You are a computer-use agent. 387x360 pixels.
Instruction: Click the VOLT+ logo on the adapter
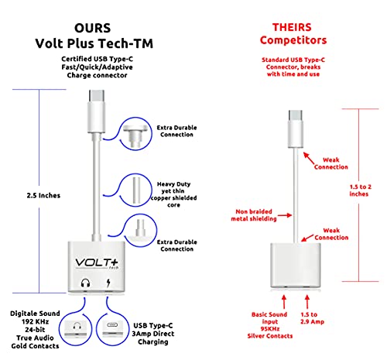click(x=97, y=263)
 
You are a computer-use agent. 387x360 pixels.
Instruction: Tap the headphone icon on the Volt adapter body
click(x=85, y=283)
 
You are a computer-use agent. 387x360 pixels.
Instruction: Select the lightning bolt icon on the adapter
click(x=108, y=283)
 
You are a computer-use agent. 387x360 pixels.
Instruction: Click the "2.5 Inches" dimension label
click(x=43, y=195)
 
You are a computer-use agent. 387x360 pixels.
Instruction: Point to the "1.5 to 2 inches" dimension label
click(x=360, y=190)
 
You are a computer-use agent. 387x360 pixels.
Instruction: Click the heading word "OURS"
click(x=93, y=28)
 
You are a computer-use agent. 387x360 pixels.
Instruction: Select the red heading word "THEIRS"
click(x=292, y=27)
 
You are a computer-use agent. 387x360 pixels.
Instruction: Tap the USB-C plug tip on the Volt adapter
click(x=97, y=95)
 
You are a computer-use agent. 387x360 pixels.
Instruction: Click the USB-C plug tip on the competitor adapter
click(x=296, y=115)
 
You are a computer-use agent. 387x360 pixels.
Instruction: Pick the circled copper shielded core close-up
click(x=136, y=190)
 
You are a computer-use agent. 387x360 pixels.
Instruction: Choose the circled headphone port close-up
click(x=75, y=328)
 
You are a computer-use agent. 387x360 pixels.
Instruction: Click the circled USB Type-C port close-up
click(x=112, y=328)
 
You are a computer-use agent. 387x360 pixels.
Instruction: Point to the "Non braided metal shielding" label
click(x=254, y=215)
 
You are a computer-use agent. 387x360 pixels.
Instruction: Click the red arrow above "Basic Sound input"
click(x=284, y=302)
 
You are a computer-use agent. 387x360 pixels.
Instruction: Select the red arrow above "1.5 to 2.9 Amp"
click(x=307, y=302)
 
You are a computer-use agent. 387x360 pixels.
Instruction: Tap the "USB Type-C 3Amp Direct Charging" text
click(x=153, y=334)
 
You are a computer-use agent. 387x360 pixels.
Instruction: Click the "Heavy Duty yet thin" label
click(x=173, y=187)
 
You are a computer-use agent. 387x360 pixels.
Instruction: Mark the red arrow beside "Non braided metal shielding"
click(x=285, y=215)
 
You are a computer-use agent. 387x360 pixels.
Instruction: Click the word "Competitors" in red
click(x=293, y=40)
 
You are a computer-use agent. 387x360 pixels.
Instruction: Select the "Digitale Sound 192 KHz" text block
click(x=35, y=317)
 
